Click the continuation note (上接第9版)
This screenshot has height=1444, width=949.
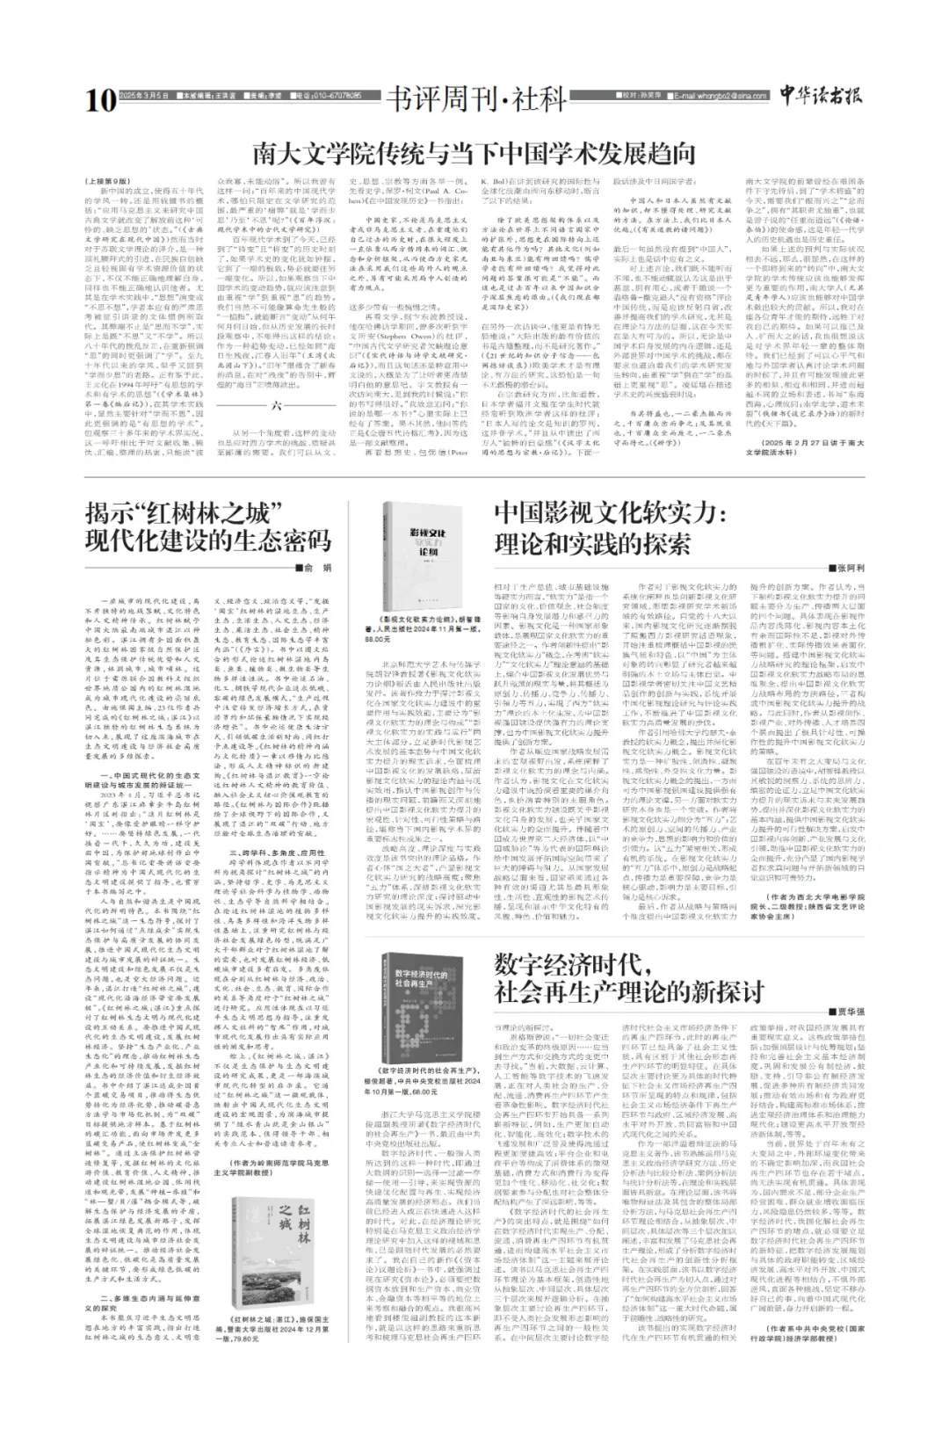click(x=106, y=182)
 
